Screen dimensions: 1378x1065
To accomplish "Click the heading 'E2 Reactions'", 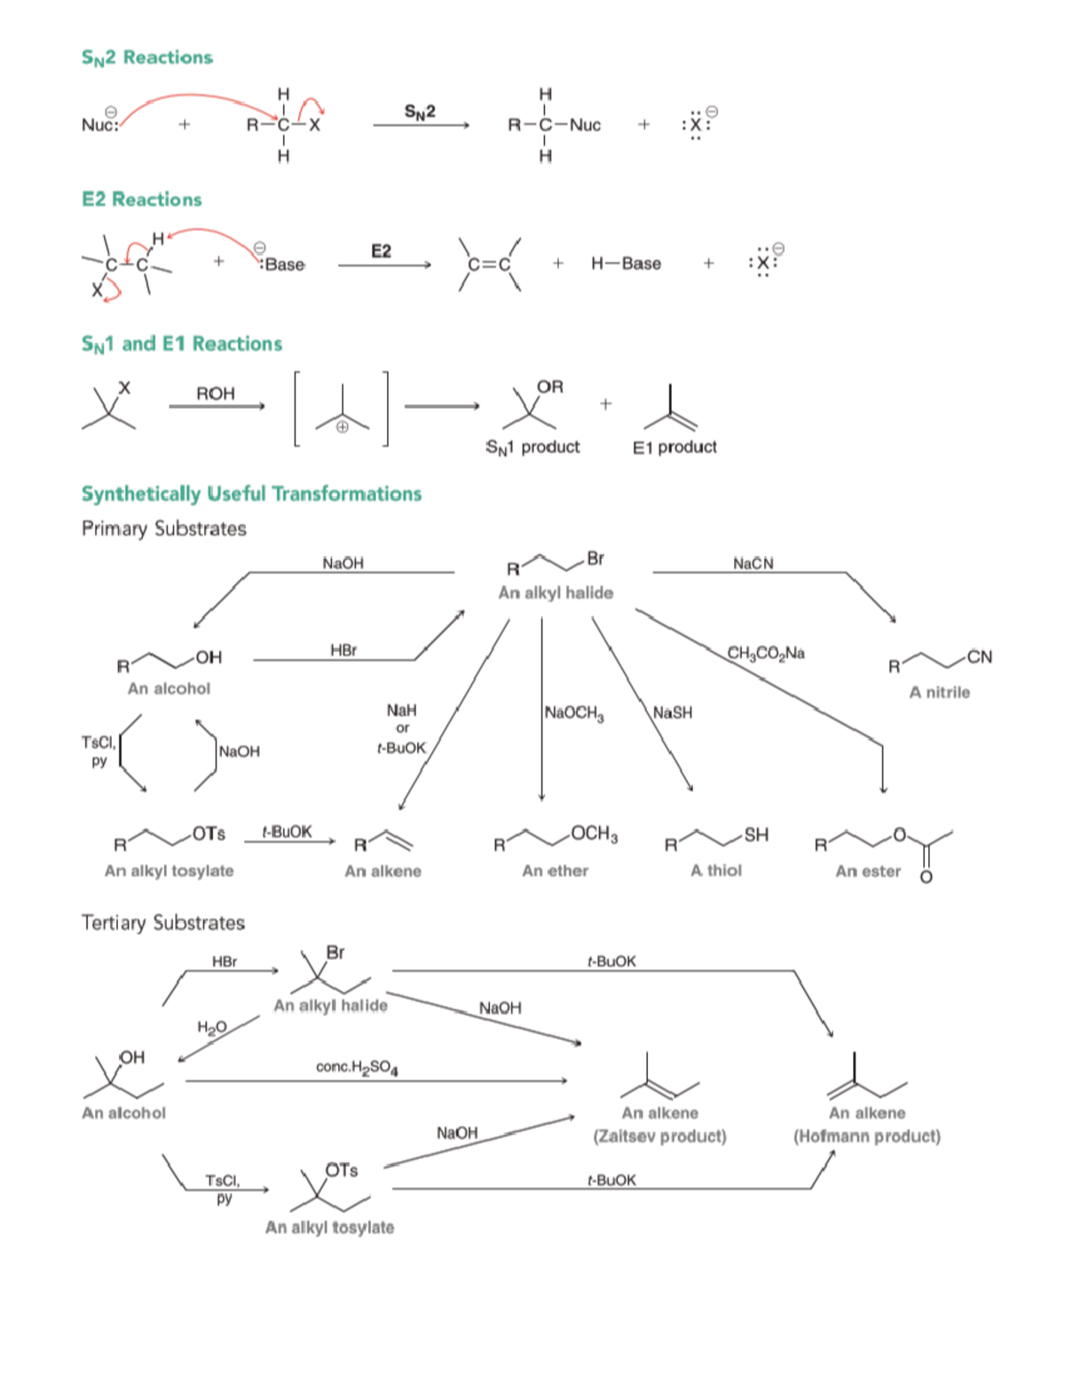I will click(142, 200).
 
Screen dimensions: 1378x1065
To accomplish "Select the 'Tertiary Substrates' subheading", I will click(163, 923).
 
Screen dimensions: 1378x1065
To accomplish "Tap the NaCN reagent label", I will click(753, 563).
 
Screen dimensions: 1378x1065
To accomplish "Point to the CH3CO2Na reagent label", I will click(766, 654).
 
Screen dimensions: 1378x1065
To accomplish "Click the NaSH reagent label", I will click(672, 713).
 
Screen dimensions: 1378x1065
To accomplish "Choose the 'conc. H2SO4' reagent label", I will click(357, 1067).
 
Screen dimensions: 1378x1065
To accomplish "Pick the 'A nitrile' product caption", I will click(939, 692).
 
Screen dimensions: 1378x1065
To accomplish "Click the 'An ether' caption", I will click(555, 871).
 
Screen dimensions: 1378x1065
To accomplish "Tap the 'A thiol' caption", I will click(715, 871).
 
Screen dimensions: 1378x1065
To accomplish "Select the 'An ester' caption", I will click(867, 871).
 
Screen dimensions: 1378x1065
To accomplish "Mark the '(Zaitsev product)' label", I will click(659, 1137).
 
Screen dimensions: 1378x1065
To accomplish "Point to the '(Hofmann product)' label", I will click(866, 1137).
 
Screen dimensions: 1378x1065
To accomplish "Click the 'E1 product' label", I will click(674, 447).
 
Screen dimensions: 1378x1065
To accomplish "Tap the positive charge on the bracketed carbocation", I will click(342, 426).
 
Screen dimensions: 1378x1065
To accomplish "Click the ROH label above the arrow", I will click(216, 393).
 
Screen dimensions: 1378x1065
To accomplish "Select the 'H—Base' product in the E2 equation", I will click(626, 264).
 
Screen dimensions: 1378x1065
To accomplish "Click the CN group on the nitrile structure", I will click(979, 657).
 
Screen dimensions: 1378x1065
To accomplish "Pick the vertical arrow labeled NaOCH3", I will click(541, 710).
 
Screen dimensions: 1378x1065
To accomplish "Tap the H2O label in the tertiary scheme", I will click(211, 1028).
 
